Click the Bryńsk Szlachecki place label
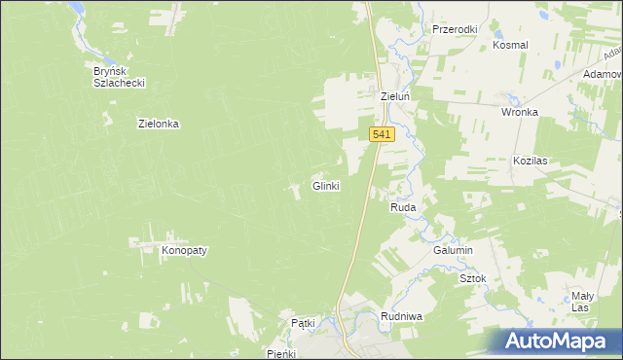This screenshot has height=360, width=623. point(119,77)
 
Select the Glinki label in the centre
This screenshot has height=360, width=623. point(325,185)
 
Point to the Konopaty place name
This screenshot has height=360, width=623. point(184,250)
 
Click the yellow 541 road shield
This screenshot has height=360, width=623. point(382,135)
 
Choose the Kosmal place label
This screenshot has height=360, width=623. point(510,45)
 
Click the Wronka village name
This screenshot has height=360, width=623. point(520,112)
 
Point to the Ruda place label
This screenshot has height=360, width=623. point(403,208)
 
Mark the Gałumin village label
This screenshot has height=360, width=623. point(453,250)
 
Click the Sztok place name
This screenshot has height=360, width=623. point(472,278)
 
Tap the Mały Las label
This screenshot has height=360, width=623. point(581,301)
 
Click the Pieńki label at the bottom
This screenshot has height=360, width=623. point(280,354)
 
